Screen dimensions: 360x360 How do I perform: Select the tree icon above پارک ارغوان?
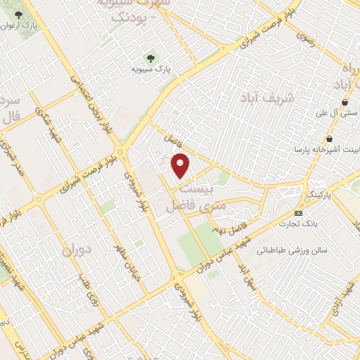coord(19,14)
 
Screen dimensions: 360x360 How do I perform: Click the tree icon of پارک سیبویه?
coord(149,57)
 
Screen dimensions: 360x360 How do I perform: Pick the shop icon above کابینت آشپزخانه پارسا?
coord(328,138)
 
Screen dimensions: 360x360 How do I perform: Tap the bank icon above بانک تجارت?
coord(299,212)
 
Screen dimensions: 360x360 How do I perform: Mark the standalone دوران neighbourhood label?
coord(77,250)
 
